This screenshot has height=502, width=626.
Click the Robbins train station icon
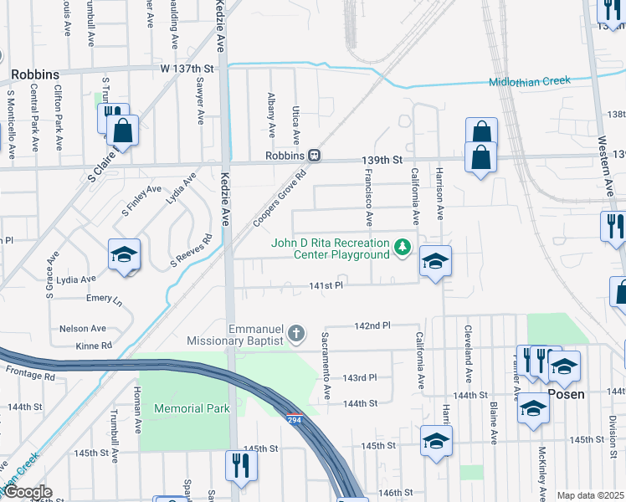pyautogui.click(x=315, y=156)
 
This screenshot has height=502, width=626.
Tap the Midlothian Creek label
pyautogui.click(x=529, y=81)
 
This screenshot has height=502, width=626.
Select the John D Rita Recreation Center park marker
pyautogui.click(x=403, y=247)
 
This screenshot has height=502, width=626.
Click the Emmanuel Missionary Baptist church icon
pyautogui.click(x=295, y=335)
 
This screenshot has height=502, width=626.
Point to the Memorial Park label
pyautogui.click(x=192, y=408)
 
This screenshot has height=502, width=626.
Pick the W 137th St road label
pyautogui.click(x=188, y=68)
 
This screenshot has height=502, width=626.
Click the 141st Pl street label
pyautogui.click(x=327, y=285)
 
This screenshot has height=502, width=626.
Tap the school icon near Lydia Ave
pyautogui.click(x=124, y=254)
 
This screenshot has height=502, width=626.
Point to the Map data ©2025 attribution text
pyautogui.click(x=591, y=495)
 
